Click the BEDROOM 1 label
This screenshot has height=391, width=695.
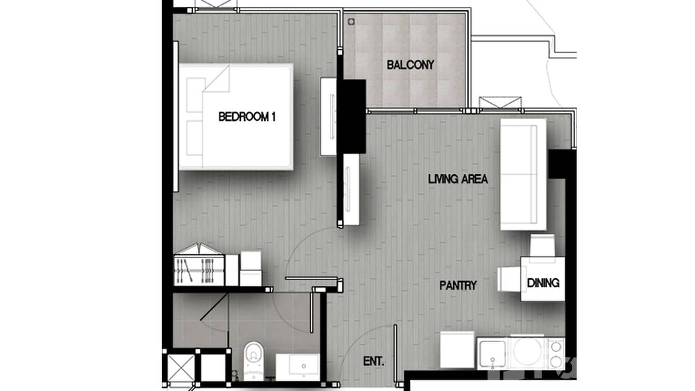click(247, 117)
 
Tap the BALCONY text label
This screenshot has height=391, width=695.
click(410, 65)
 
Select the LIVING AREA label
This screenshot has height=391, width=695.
click(458, 179)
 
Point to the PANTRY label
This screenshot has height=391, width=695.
click(458, 285)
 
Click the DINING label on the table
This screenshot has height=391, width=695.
click(543, 283)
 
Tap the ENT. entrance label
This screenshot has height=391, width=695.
click(373, 362)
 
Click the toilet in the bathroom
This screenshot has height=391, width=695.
click(253, 358)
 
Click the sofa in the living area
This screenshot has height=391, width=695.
click(523, 174)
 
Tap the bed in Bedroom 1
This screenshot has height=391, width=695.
click(236, 117)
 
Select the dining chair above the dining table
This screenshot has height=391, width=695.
click(542, 245)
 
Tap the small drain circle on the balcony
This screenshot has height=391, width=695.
click(351, 22)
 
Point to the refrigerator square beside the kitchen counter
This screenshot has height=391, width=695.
click(457, 349)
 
